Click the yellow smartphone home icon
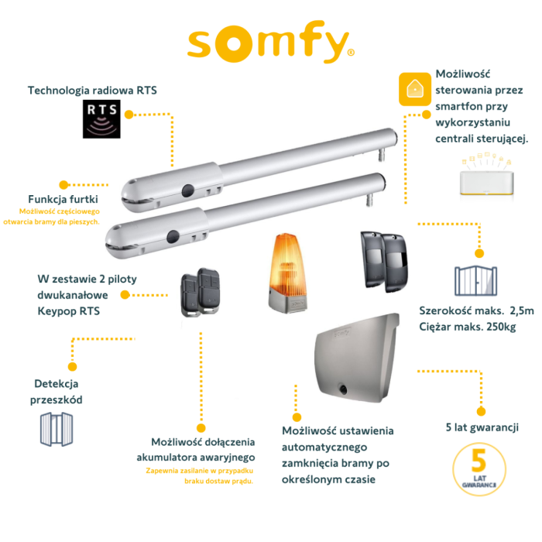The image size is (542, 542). click(414, 89)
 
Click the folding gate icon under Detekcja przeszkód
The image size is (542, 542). click(60, 431)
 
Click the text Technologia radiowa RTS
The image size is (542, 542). click(92, 91)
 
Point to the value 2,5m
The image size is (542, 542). click(519, 310)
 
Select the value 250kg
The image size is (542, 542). click(501, 326)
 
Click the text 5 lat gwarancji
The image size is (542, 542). click(482, 427)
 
